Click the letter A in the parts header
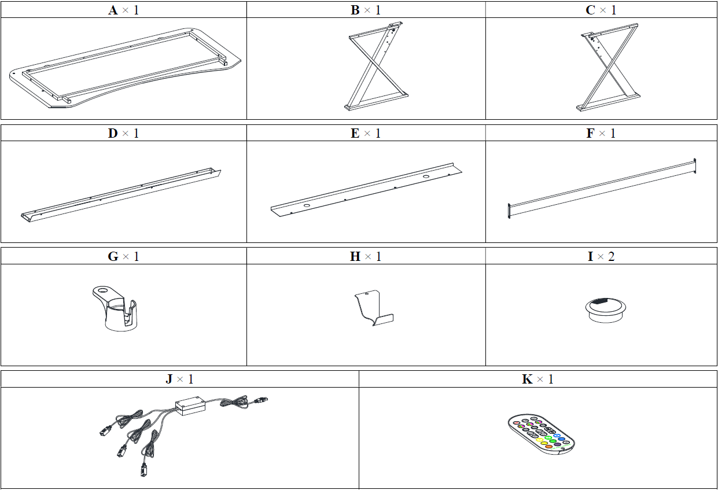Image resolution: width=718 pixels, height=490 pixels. tap(113, 10)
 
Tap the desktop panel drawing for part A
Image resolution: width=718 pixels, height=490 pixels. tap(125, 68)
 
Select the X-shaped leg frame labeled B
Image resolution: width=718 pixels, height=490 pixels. tap(375, 66)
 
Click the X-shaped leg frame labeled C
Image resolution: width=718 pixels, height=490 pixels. tap(610, 67)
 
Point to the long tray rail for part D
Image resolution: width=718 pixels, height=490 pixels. tap(121, 195)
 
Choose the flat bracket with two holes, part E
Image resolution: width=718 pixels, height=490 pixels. tap(366, 190)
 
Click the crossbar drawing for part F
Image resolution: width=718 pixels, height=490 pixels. tap(602, 189)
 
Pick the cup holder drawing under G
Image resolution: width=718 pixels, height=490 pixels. tap(115, 308)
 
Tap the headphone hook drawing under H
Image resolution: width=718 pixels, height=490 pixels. tap(374, 308)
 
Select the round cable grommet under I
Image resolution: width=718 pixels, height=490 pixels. tap(606, 310)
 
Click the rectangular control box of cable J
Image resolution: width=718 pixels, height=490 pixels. tap(190, 406)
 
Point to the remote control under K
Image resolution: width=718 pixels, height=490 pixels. tap(542, 434)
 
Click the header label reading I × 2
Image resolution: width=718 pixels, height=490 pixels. tap(601, 256)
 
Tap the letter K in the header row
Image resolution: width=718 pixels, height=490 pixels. tap(527, 379)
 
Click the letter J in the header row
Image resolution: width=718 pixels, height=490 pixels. tap(170, 380)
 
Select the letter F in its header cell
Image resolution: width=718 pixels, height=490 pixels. tap(590, 133)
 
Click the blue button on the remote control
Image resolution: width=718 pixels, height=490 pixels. tap(557, 436)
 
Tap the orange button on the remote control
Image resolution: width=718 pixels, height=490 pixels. tap(548, 447)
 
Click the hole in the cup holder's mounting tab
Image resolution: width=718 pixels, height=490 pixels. tap(103, 291)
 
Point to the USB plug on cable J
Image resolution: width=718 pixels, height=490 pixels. tap(262, 400)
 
